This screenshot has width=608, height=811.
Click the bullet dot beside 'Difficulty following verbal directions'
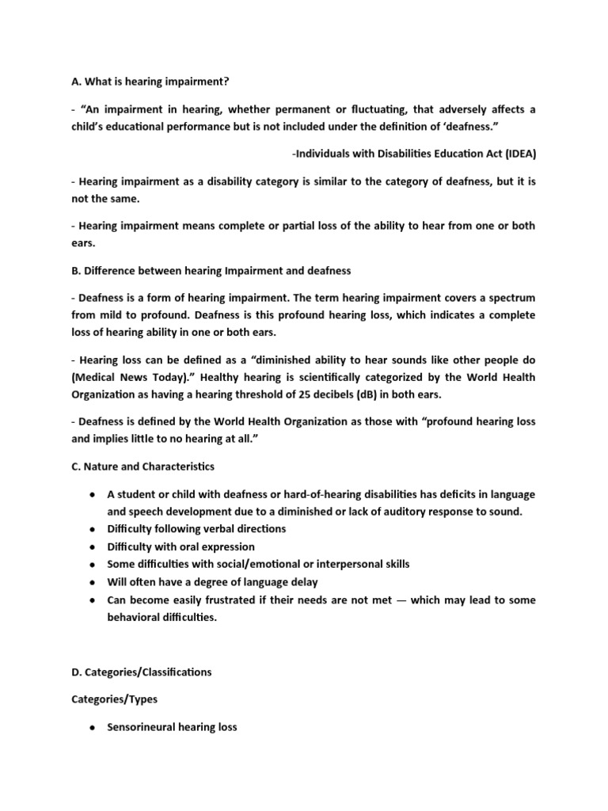coord(93,529)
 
